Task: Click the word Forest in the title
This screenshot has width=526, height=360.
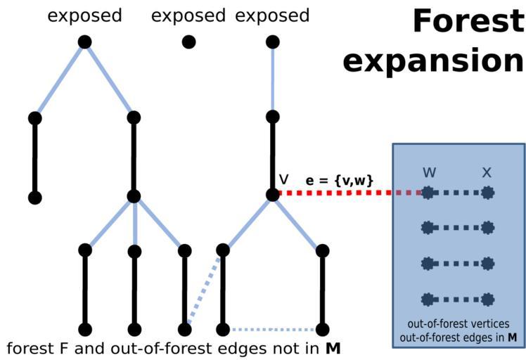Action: point(468,21)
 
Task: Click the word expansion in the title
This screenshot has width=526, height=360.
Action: point(432,61)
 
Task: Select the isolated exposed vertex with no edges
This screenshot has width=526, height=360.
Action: point(188,42)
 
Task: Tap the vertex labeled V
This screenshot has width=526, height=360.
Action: point(273,195)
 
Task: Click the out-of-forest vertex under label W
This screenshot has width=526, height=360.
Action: point(427,192)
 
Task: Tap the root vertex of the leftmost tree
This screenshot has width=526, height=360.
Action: point(84,42)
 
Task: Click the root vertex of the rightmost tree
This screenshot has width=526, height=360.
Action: point(273,42)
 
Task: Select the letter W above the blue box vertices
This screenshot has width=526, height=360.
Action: point(429,171)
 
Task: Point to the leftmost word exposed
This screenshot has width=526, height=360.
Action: point(84,15)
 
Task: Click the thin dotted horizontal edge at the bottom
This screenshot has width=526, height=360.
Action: point(273,329)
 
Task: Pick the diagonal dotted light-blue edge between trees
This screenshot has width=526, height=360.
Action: point(204,290)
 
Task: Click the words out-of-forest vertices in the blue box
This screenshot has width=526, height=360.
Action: point(458,325)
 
